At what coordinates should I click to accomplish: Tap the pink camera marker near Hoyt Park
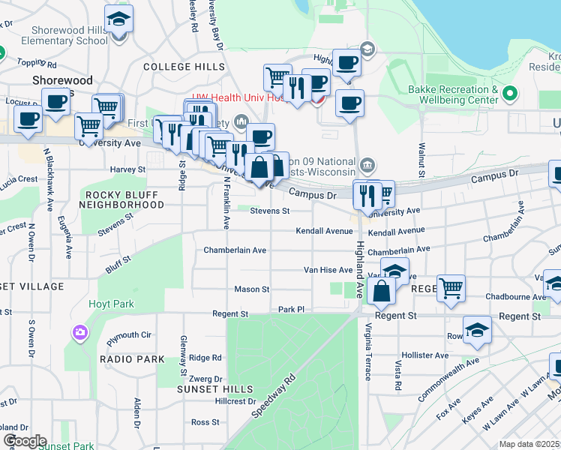point(80,331)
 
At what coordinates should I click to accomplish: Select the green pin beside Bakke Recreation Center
point(510,94)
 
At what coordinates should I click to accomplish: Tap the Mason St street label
point(252,289)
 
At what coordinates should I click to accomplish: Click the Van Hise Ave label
point(328,269)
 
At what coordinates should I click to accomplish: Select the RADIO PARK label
point(132,359)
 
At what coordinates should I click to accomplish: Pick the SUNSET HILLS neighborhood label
point(214,389)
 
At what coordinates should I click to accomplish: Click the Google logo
point(25,440)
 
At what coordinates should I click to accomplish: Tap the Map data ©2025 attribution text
point(529,444)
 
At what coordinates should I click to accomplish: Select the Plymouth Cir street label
point(129,338)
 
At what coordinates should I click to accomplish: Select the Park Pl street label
point(292,308)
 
